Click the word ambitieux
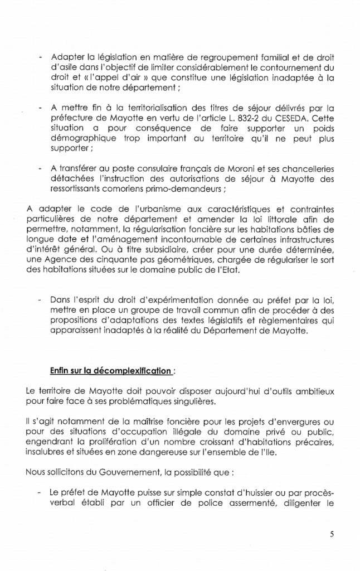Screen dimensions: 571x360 [314, 391]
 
